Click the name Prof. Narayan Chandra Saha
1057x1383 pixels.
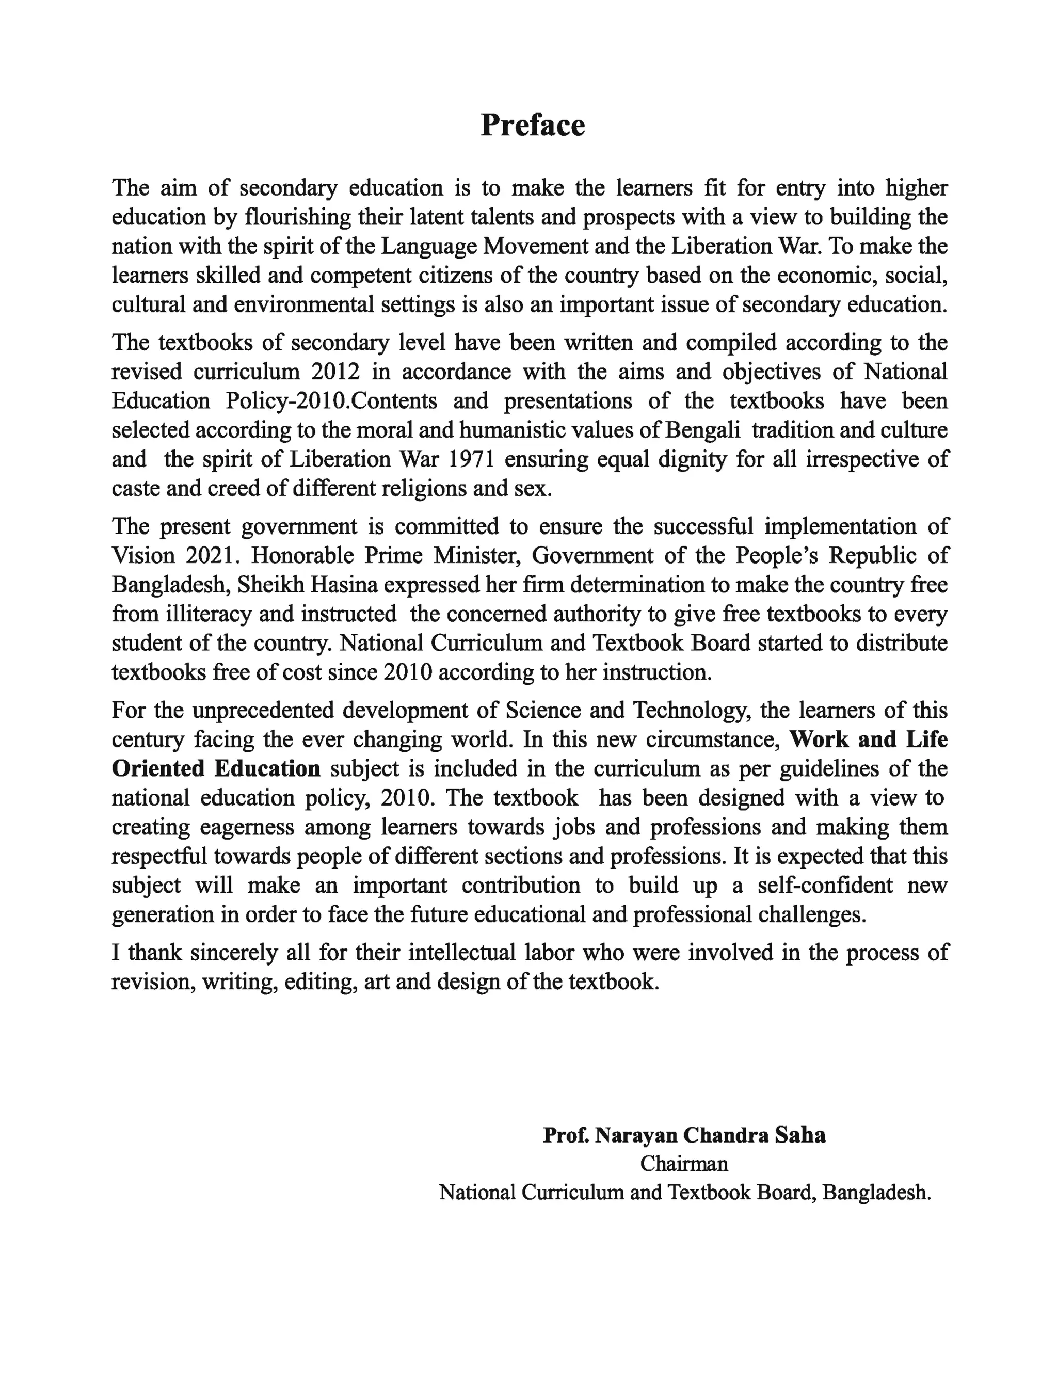tap(684, 1135)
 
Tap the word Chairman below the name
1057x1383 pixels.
tap(684, 1164)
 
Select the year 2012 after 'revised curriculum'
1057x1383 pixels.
tap(335, 372)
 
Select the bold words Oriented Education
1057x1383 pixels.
tap(216, 768)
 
